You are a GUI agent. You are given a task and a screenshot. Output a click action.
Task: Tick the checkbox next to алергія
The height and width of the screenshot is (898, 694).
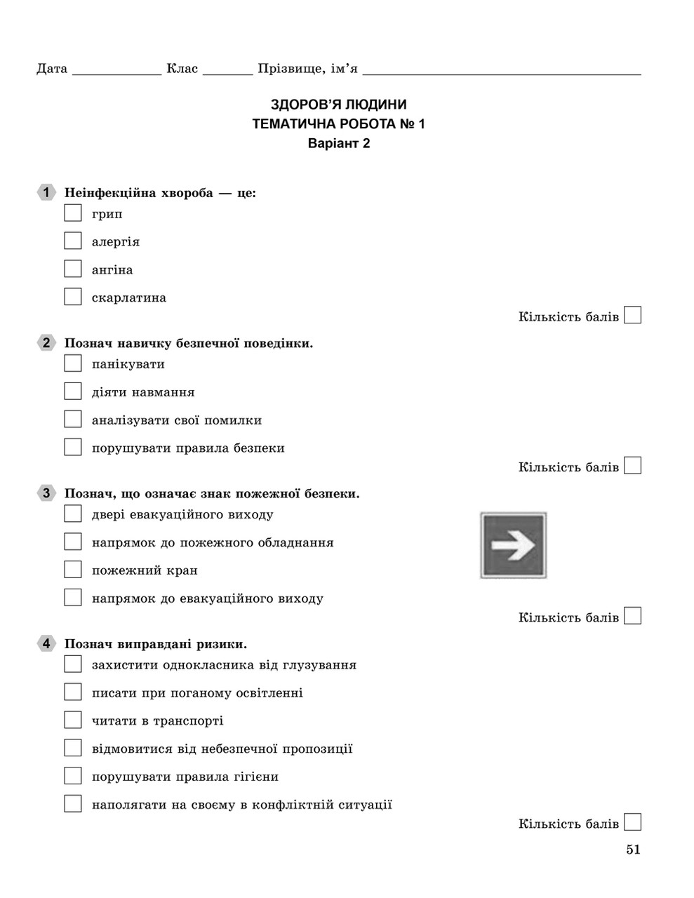pos(73,241)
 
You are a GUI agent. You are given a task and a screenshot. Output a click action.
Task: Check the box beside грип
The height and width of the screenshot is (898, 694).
pos(73,213)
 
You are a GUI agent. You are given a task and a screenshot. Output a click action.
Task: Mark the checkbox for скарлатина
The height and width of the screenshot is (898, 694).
pos(73,297)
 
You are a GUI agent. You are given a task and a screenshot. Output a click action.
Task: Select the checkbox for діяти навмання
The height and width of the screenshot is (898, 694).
pos(73,391)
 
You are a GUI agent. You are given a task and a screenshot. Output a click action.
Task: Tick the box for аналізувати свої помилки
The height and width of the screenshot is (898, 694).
pos(73,419)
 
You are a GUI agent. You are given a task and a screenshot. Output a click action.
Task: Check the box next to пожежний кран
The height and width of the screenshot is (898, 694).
pos(73,569)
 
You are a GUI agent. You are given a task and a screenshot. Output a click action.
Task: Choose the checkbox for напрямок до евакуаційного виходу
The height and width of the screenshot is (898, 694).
pos(73,597)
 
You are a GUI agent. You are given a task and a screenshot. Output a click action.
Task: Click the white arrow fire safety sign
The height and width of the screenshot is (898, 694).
pos(513,545)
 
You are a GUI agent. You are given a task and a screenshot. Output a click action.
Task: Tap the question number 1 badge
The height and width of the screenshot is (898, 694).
pos(46,192)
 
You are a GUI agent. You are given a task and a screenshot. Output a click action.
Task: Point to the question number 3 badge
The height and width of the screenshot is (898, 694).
pos(46,493)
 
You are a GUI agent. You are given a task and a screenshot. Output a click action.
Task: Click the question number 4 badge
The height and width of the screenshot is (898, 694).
pos(46,643)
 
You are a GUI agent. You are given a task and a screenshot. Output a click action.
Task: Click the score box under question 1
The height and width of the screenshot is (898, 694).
pos(632,315)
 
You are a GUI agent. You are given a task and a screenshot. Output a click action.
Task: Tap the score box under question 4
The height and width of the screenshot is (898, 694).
pos(632,822)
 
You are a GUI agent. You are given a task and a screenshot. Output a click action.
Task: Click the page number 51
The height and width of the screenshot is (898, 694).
pos(633,850)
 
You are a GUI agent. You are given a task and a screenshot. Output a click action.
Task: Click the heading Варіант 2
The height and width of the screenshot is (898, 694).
pos(338,144)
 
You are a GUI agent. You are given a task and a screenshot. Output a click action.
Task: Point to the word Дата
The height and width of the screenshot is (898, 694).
pos(52,69)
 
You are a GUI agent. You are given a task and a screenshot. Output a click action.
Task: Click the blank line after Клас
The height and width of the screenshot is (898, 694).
pos(228,70)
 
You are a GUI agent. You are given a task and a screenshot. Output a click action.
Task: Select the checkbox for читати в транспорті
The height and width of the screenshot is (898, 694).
pos(73,720)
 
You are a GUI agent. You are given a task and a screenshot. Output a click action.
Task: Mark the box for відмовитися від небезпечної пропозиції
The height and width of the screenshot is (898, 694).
pos(73,748)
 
